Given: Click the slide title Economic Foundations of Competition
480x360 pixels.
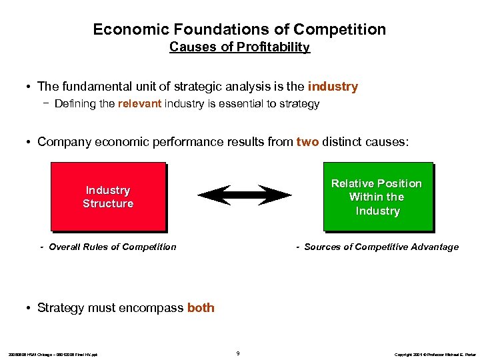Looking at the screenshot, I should [x=239, y=29].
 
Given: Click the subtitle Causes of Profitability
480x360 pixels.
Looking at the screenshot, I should [x=239, y=47].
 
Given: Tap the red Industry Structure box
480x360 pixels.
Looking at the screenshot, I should [x=108, y=197].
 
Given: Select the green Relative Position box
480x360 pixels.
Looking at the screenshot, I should [x=377, y=197].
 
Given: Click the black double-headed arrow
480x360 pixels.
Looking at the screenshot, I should [x=245, y=195].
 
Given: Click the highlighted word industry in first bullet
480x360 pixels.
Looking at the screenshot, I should [x=333, y=87].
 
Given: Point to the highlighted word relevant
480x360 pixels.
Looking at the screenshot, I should [x=139, y=104].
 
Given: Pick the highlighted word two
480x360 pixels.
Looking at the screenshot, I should [x=309, y=141].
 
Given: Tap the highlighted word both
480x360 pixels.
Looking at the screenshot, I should [x=201, y=308].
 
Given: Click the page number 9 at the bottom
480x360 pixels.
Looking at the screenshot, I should [x=239, y=353].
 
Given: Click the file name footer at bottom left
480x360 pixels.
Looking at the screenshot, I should [x=53, y=354].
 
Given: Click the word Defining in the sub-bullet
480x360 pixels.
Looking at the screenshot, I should [x=75, y=104].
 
